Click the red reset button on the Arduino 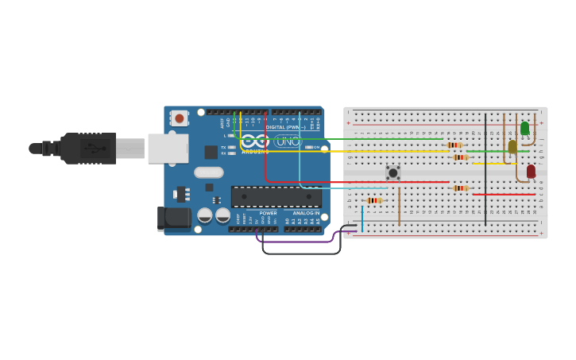pyautogui.click(x=180, y=118)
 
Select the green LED pyautogui.click(x=524, y=127)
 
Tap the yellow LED pyautogui.click(x=512, y=146)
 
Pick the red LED pyautogui.click(x=531, y=171)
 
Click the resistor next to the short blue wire pyautogui.click(x=373, y=200)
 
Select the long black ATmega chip pyautogui.click(x=276, y=196)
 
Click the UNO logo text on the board pyautogui.click(x=288, y=141)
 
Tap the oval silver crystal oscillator pyautogui.click(x=208, y=172)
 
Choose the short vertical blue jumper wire pyautogui.click(x=362, y=219)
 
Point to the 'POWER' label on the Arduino pyautogui.click(x=269, y=213)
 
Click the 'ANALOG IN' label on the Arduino pyautogui.click(x=305, y=213)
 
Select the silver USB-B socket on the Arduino pyautogui.click(x=168, y=149)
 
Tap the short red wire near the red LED pyautogui.click(x=504, y=194)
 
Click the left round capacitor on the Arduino pyautogui.click(x=205, y=215)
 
